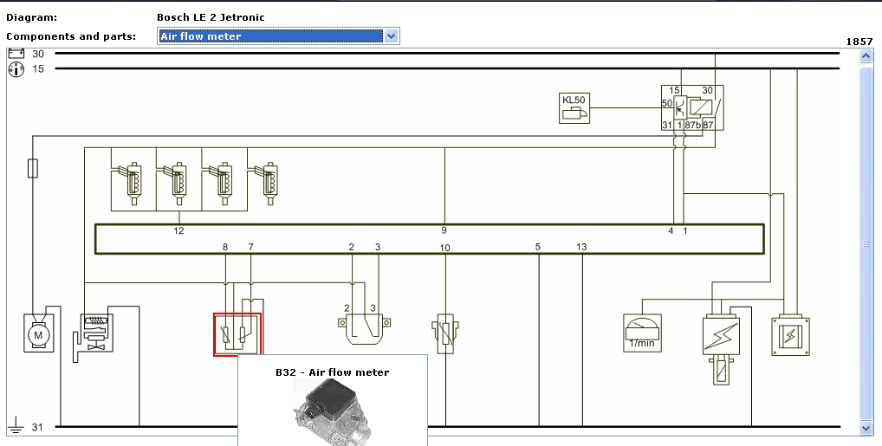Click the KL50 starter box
[x=574, y=108]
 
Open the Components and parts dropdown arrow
[x=391, y=36]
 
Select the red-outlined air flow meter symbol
[x=237, y=334]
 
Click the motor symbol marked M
[x=38, y=334]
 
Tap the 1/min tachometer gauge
[x=642, y=333]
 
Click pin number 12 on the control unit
[x=178, y=230]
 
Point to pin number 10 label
[x=445, y=248]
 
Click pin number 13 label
[x=581, y=247]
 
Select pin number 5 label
[x=538, y=247]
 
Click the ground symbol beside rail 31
[x=16, y=425]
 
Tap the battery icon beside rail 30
[x=16, y=54]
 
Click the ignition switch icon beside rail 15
[x=16, y=70]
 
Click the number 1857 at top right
[x=859, y=42]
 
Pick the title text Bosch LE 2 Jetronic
[x=211, y=17]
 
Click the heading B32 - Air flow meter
[x=333, y=372]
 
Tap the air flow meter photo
[x=333, y=412]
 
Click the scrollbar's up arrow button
[x=866, y=55]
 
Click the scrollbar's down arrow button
[x=866, y=428]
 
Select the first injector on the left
[x=129, y=184]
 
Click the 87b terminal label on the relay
[x=693, y=125]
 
